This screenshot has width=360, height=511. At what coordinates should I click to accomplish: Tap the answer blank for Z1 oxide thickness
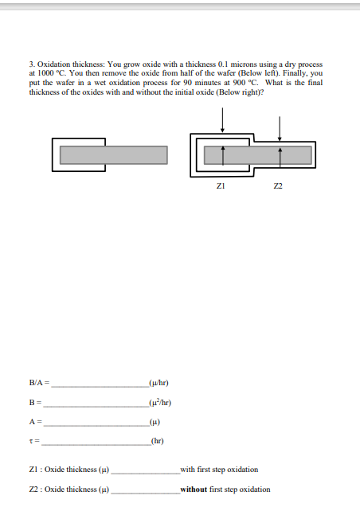pos(145,471)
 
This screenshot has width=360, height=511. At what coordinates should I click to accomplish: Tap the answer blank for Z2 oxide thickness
pos(145,491)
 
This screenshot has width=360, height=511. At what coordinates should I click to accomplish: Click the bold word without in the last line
pos(196,490)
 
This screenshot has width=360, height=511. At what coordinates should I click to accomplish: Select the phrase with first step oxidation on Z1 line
pos(220,470)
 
